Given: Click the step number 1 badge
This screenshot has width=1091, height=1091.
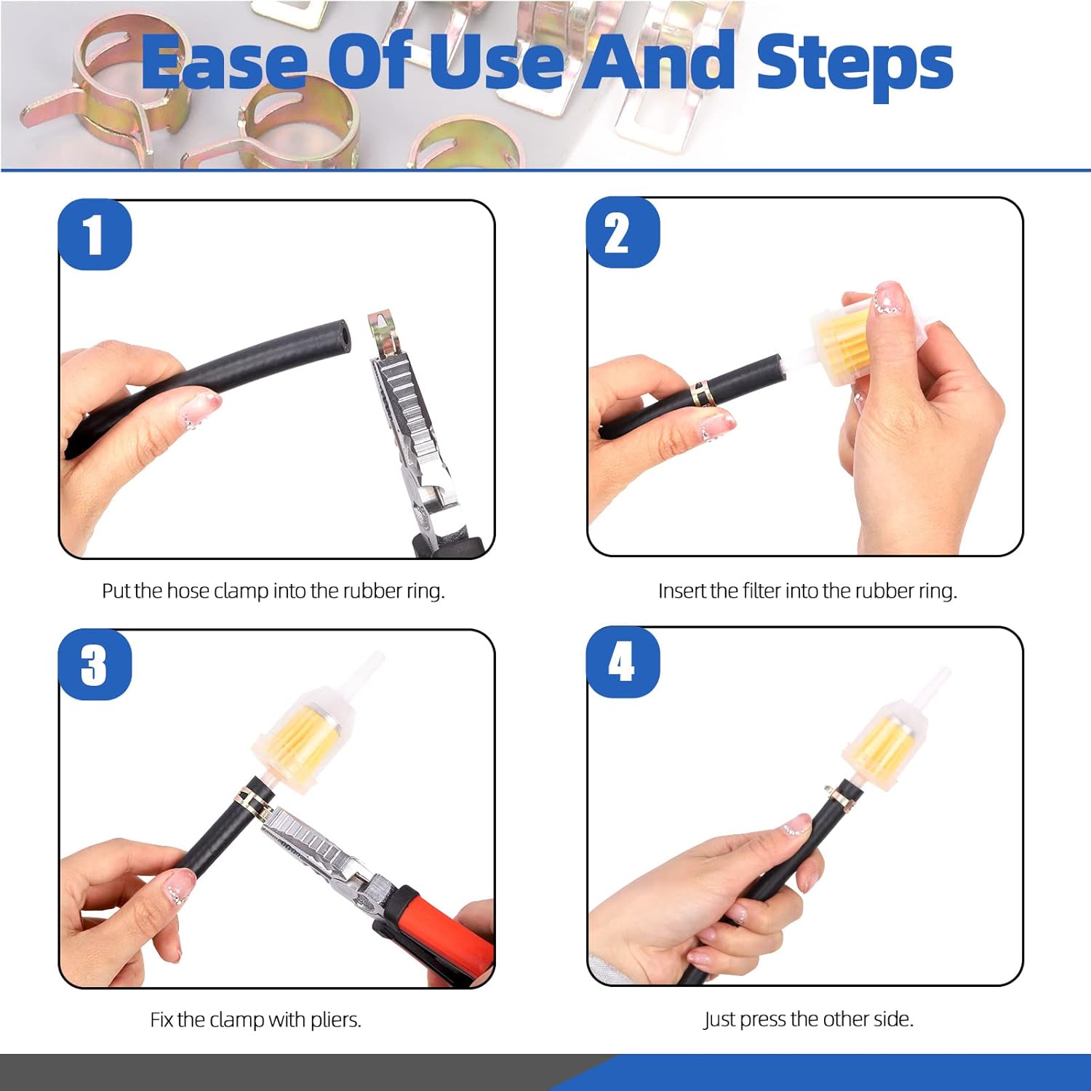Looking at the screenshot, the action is pyautogui.click(x=95, y=234).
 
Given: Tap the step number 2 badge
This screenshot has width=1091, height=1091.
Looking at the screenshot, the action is pyautogui.click(x=623, y=233).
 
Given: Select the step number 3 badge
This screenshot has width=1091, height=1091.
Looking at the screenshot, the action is pyautogui.click(x=95, y=664).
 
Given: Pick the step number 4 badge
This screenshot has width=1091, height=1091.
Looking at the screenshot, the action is pyautogui.click(x=623, y=662).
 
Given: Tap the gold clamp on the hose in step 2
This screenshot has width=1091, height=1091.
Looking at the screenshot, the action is pyautogui.click(x=703, y=393).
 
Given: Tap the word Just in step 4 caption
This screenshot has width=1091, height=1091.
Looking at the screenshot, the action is pyautogui.click(x=719, y=1020).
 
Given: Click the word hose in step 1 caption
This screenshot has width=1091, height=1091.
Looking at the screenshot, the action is pyautogui.click(x=188, y=591).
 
